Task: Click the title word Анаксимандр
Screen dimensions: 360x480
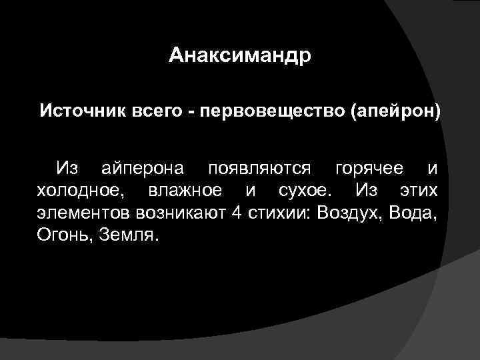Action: (x=239, y=54)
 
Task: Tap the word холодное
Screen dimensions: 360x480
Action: (x=80, y=191)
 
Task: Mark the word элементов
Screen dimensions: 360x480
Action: (x=83, y=214)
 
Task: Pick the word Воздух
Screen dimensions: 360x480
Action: (x=349, y=215)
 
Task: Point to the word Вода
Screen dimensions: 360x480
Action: (x=414, y=215)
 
